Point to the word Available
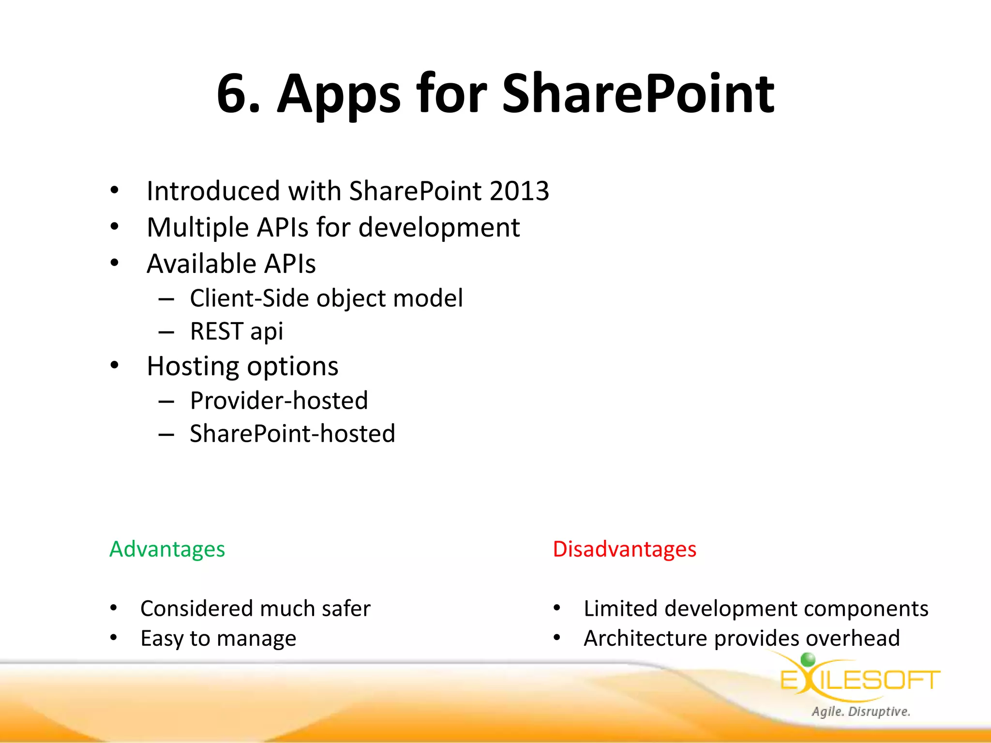pyautogui.click(x=197, y=264)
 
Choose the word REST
pyautogui.click(x=216, y=332)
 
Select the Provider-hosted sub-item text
pyautogui.click(x=279, y=401)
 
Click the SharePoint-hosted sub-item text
pyautogui.click(x=292, y=433)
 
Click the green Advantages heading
pyautogui.click(x=167, y=549)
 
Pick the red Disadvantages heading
pyautogui.click(x=624, y=549)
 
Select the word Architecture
pyautogui.click(x=645, y=639)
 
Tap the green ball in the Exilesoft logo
pyautogui.click(x=808, y=659)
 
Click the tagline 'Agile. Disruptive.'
pyautogui.click(x=861, y=712)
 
